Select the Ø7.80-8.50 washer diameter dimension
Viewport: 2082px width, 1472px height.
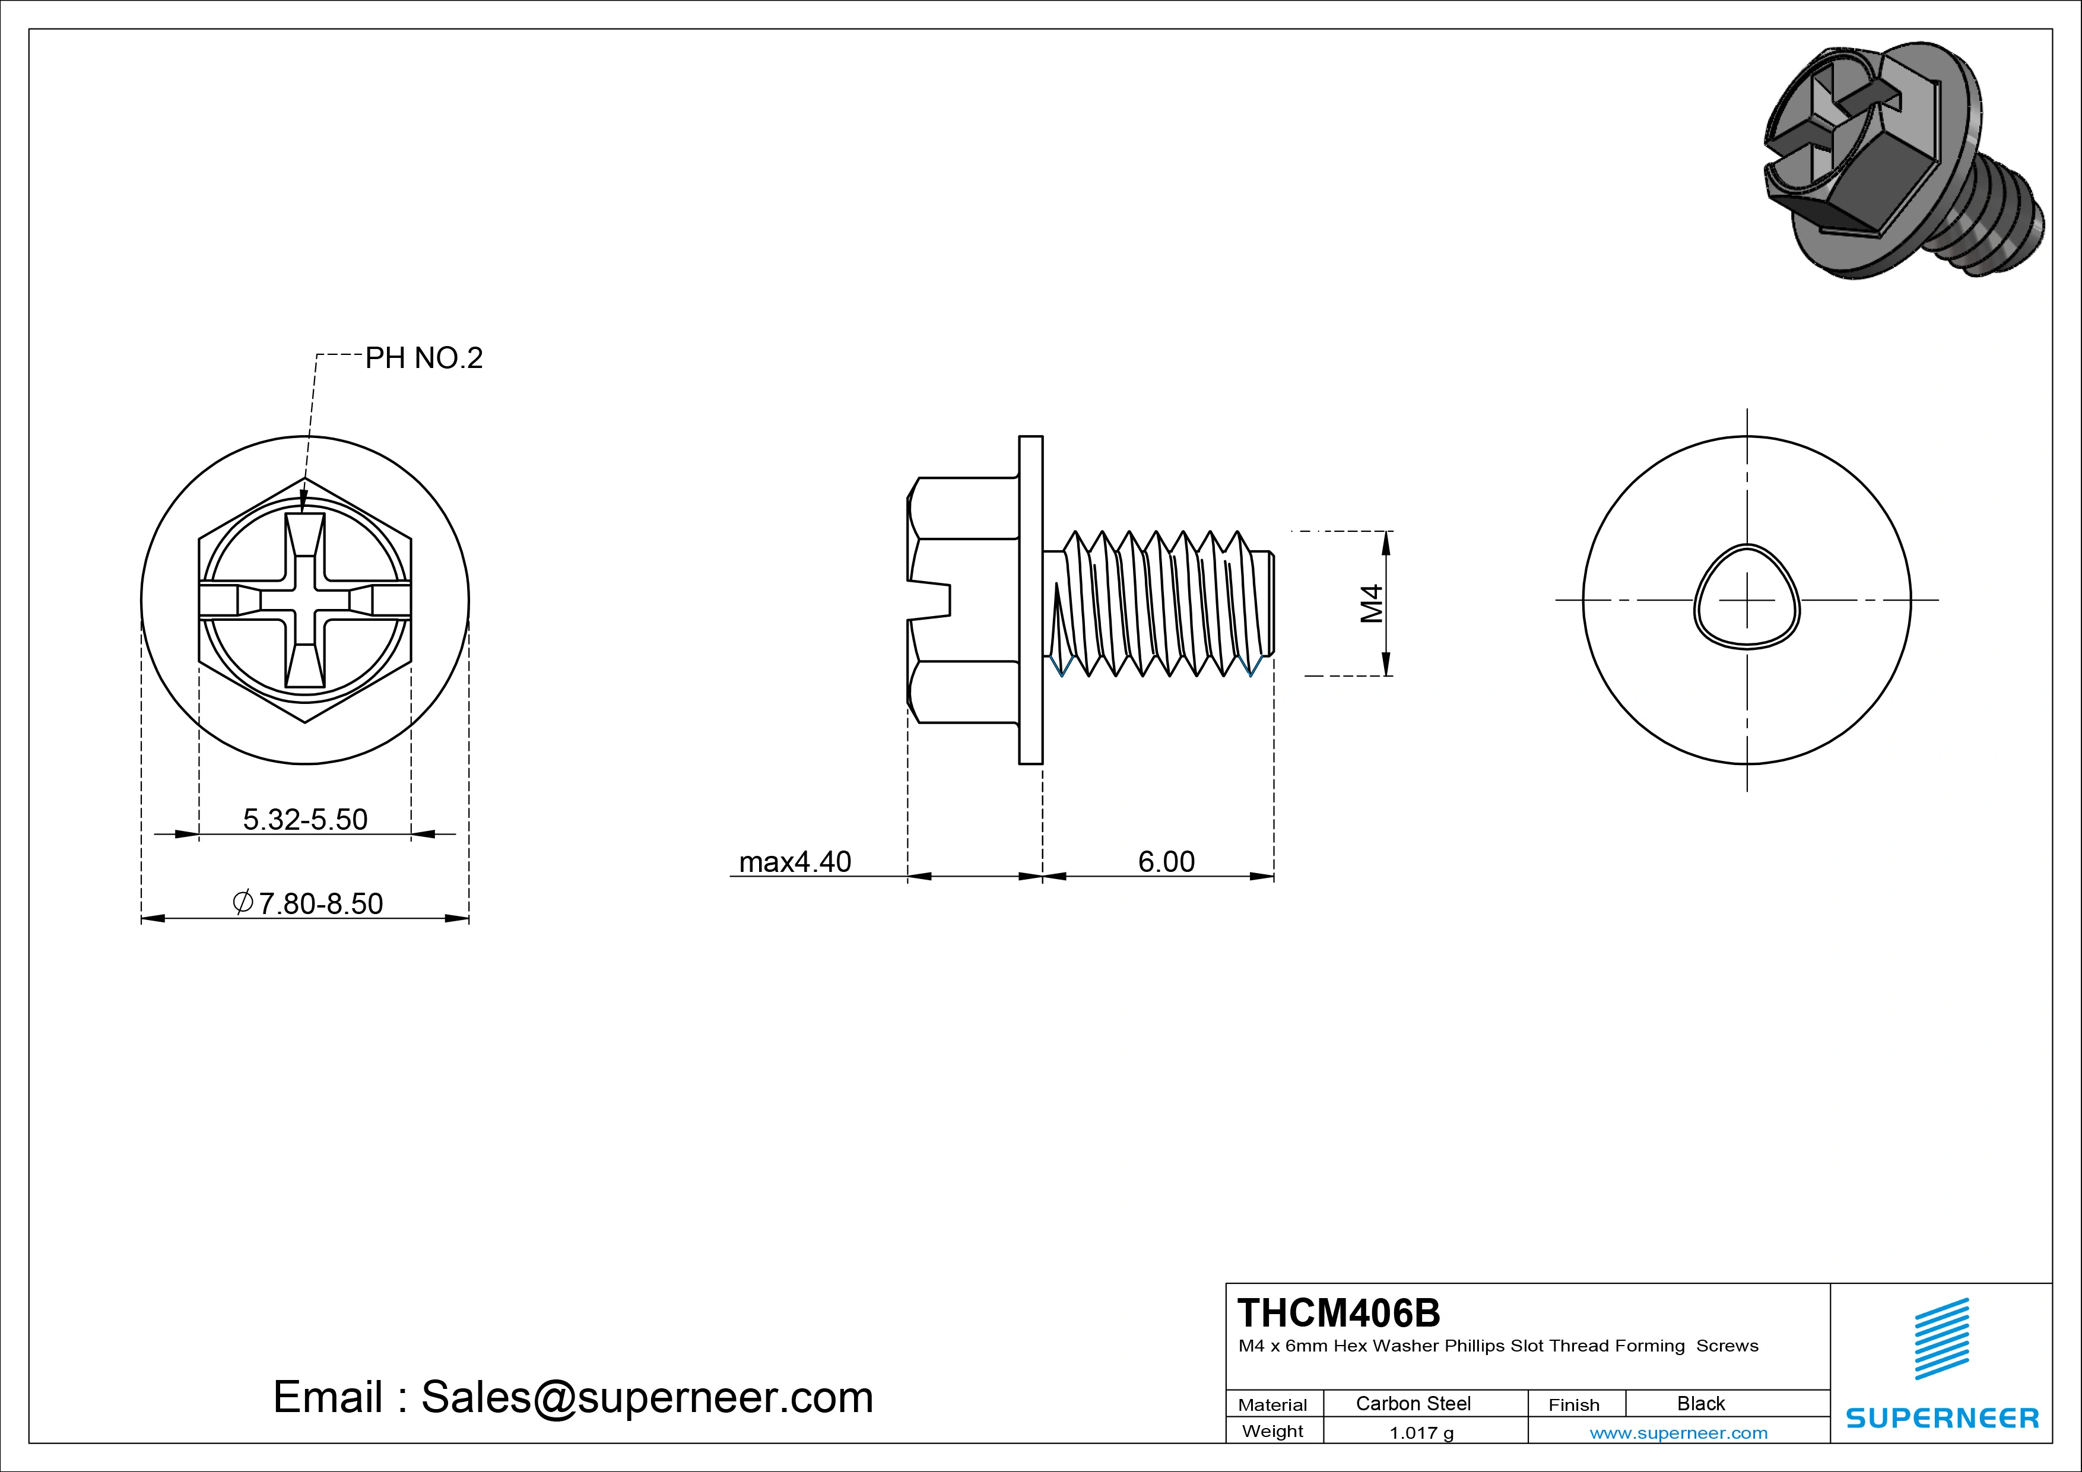coord(308,903)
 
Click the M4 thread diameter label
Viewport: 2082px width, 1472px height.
coord(1371,603)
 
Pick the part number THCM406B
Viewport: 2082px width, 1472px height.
coord(1338,1312)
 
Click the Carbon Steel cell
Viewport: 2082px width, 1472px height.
coord(1412,1403)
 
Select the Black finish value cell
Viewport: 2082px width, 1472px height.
coord(1700,1403)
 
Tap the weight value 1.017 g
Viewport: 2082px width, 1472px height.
coord(1420,1433)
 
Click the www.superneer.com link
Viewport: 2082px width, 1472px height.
coord(1678,1433)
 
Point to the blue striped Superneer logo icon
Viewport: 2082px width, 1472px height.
coord(1941,1338)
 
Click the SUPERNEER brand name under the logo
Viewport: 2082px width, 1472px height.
coord(1941,1417)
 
